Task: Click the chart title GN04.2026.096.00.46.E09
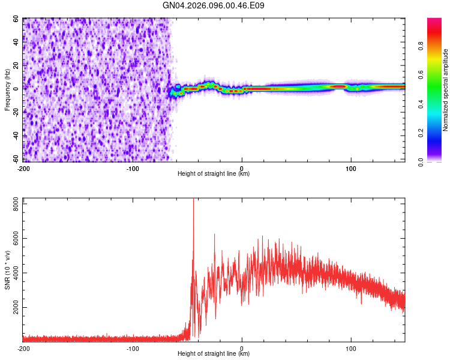[x=214, y=6]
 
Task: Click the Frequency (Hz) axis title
[x=7, y=90]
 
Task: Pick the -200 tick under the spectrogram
[x=24, y=168]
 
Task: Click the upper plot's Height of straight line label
[x=214, y=174]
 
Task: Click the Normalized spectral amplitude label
[x=446, y=90]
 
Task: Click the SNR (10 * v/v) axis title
[x=7, y=270]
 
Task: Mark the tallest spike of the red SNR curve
[x=193, y=200]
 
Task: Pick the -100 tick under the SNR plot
[x=133, y=348]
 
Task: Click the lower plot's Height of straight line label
[x=214, y=354]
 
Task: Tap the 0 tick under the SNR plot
[x=242, y=348]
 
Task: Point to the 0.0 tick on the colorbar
[x=437, y=161]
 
